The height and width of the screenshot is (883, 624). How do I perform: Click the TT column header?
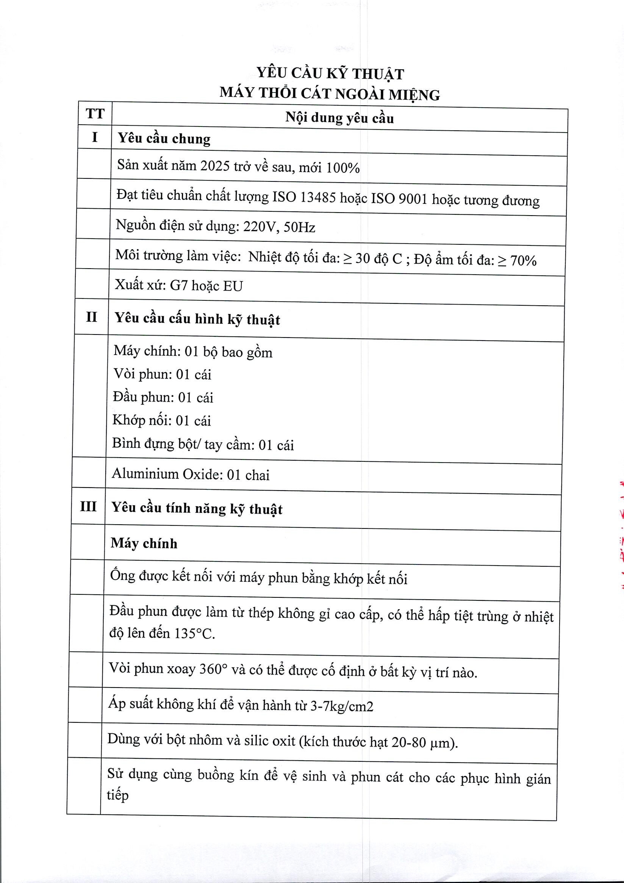[95, 114]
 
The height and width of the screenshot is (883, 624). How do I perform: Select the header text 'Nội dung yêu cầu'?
[339, 118]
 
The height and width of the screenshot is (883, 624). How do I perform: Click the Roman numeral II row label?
[92, 317]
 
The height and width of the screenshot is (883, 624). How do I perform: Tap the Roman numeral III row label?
[88, 506]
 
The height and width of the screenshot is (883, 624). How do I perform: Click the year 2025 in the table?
[215, 166]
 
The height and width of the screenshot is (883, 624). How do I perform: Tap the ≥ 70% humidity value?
[517, 260]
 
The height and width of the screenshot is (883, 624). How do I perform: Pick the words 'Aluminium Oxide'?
[167, 474]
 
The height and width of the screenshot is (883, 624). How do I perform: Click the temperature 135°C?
[194, 633]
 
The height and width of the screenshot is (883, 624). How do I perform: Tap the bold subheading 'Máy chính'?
[144, 543]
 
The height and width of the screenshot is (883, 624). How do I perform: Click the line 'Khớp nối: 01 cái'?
[161, 420]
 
